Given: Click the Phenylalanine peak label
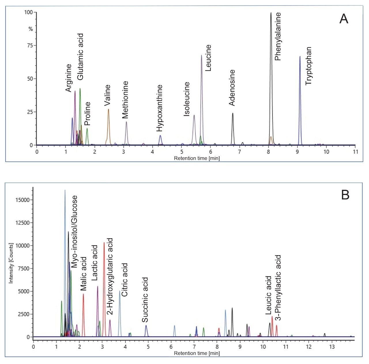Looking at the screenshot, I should point(278,37).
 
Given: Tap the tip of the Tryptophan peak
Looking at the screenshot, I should point(300,57).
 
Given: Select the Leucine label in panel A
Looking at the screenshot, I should point(208,58).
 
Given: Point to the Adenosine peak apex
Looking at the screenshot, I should point(232,113).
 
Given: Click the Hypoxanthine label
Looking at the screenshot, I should point(159,108).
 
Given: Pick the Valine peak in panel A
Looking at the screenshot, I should point(108,109).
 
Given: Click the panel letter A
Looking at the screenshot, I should point(344,19).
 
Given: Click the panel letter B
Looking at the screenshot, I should point(345,195).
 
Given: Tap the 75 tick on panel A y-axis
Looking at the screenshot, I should point(30,46).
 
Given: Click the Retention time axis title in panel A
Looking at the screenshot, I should point(197,158).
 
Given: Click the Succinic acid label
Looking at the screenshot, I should point(145,300).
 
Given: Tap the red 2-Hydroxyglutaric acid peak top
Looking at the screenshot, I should point(104,243).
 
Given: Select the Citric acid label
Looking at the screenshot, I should point(125,280).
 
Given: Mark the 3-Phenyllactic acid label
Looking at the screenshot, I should point(278,288).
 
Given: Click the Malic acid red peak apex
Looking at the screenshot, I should point(83,294).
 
